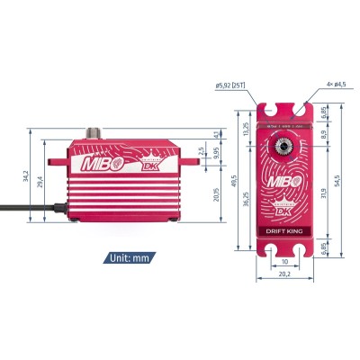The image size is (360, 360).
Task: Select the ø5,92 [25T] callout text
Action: [x=232, y=87]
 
